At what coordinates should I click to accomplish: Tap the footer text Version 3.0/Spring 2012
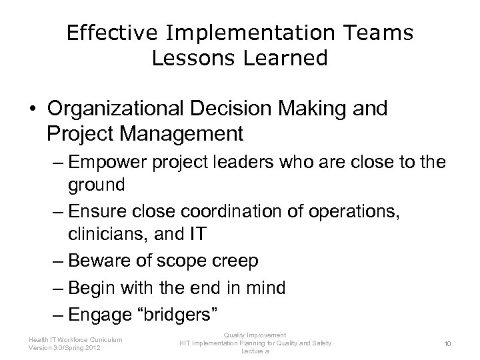pos(65,347)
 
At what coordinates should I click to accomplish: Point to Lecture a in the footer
pos(255,351)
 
